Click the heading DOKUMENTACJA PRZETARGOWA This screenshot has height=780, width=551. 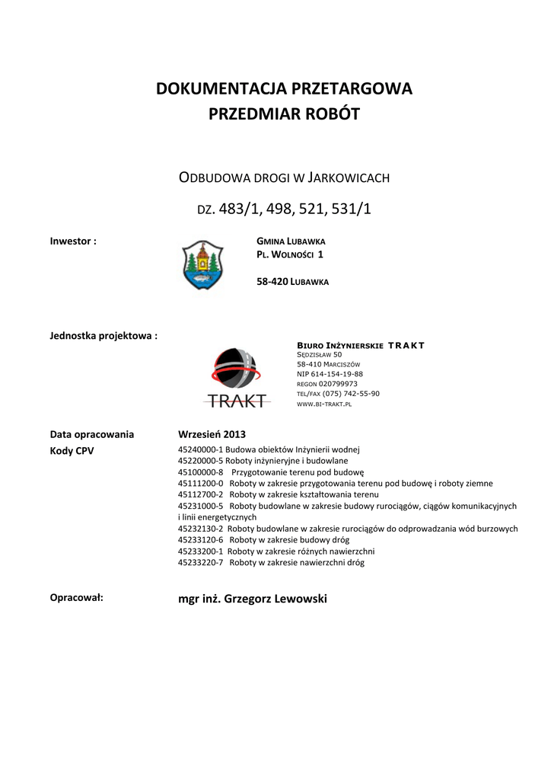pos(284,89)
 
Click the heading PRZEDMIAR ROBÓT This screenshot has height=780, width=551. pos(284,115)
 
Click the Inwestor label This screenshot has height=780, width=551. pos(73,241)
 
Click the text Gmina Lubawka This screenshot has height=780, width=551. pos(291,241)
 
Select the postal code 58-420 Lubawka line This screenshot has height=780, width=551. pos(293,281)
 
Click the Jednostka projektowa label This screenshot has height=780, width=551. pos(104,335)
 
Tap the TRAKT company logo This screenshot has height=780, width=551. pos(236,377)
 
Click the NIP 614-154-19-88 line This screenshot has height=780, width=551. pos(330,374)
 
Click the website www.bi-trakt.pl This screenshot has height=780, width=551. pos(323,404)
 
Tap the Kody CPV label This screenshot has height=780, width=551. pos(72,450)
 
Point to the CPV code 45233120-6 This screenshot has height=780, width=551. pos(200,540)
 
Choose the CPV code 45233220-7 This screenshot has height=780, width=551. pos(200,563)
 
